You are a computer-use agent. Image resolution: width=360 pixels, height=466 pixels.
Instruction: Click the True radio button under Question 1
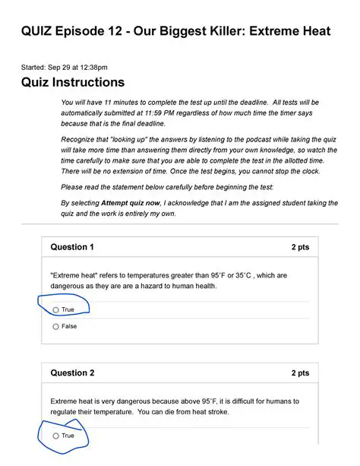[x=56, y=309]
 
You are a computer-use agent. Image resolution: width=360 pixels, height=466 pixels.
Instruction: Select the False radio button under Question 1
[x=56, y=327]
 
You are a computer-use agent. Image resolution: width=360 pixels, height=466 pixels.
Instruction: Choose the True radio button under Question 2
[x=56, y=436]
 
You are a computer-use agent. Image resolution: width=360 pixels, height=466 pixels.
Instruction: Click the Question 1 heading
[x=72, y=247]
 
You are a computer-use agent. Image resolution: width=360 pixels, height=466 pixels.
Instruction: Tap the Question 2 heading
[x=72, y=373]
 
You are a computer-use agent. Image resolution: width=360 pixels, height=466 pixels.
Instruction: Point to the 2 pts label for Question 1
[x=300, y=247]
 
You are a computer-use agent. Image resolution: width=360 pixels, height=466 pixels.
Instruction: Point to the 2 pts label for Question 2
[x=300, y=373]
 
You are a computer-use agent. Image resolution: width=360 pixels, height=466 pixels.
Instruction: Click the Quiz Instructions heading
[x=73, y=81]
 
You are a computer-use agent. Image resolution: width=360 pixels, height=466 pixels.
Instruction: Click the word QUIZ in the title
[x=39, y=32]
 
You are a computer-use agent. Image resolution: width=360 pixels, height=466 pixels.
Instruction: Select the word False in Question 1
[x=69, y=327]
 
